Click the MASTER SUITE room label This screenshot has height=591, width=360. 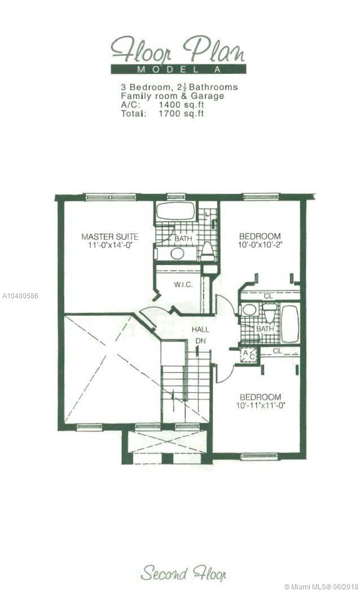[x=109, y=237]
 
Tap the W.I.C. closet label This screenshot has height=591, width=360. [x=183, y=285]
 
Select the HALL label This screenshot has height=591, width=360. [x=200, y=329]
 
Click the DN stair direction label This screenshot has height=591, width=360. [x=200, y=341]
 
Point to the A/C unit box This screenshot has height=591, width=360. [x=249, y=354]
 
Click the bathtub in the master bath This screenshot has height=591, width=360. [x=175, y=212]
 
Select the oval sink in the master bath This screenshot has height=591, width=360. [x=177, y=253]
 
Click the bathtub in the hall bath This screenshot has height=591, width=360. [x=290, y=324]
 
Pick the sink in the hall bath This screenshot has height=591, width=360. [x=249, y=310]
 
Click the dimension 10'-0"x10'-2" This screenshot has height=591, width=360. [x=260, y=244]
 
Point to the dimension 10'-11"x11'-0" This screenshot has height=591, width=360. [x=261, y=405]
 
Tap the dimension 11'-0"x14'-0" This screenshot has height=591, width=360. [x=109, y=245]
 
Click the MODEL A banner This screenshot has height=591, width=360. [x=178, y=69]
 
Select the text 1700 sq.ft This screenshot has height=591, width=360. [x=181, y=113]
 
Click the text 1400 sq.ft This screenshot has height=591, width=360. [x=181, y=105]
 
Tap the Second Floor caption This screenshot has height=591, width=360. [x=183, y=574]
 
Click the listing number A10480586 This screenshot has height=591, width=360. [x=20, y=296]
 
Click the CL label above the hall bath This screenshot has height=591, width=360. [x=268, y=296]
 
